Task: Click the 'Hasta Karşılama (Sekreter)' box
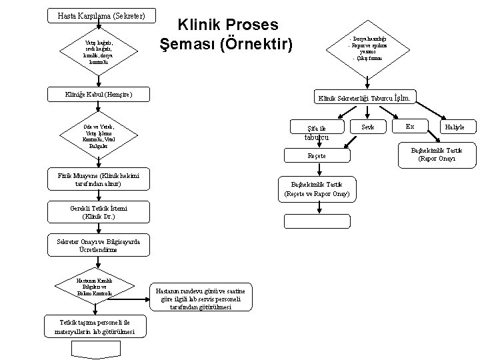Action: pos(98,15)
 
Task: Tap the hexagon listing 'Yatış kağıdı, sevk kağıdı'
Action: pos(98,52)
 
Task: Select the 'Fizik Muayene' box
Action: pos(98,178)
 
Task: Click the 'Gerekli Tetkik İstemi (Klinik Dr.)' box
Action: pos(98,213)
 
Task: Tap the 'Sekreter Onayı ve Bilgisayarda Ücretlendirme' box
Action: pos(98,247)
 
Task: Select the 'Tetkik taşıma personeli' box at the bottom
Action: pos(94,327)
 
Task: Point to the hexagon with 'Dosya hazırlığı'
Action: pos(367,49)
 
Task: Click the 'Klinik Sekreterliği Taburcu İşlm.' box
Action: pos(367,98)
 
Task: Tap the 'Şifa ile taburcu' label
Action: pos(317,132)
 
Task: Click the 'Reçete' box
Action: pos(317,155)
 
